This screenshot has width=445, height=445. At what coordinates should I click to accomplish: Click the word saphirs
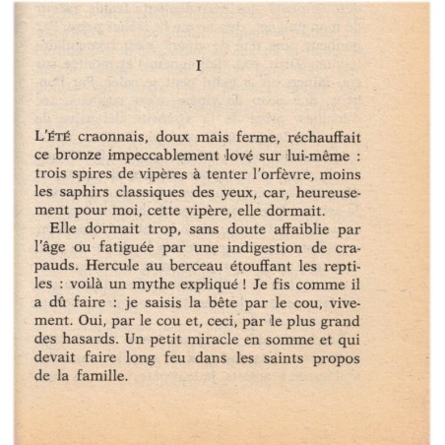coord(102,194)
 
